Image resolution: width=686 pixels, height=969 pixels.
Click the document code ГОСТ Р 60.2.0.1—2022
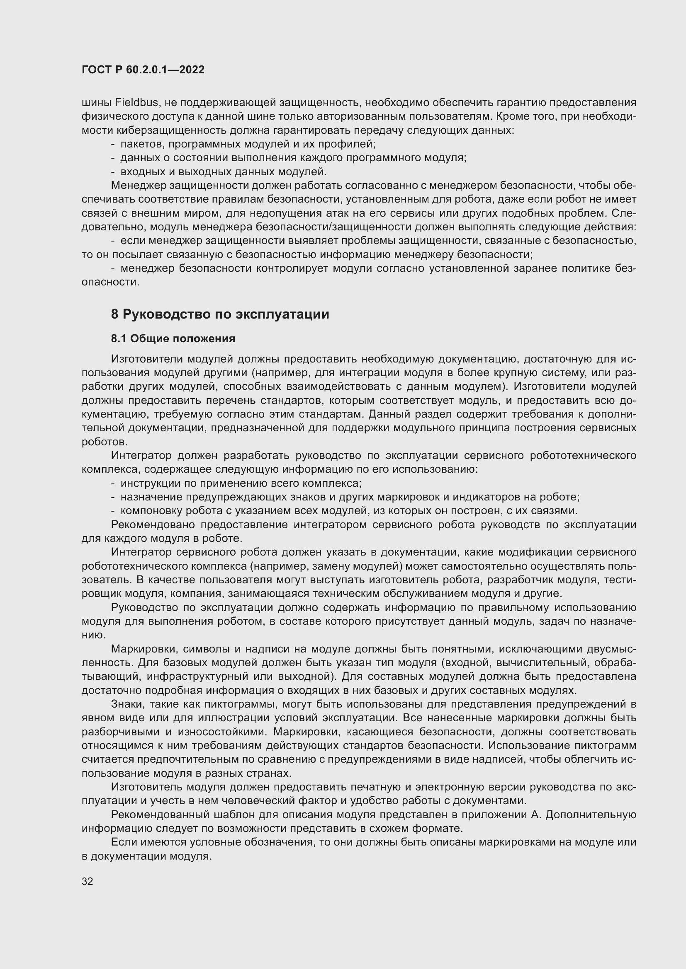click(x=143, y=70)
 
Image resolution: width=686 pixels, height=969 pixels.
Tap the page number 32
click(x=88, y=881)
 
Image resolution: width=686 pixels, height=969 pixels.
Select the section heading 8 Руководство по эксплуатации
click(x=220, y=314)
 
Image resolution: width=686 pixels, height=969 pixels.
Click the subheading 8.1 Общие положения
click(x=173, y=338)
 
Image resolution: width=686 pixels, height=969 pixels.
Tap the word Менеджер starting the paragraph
click(x=138, y=185)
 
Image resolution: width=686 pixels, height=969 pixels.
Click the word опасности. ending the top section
click(x=110, y=282)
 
